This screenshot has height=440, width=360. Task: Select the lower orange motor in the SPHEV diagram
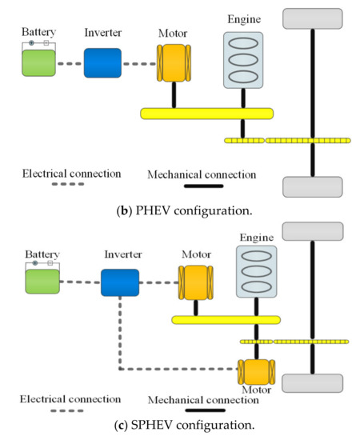pyautogui.click(x=256, y=371)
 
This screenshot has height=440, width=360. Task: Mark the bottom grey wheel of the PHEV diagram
pyautogui.click(x=311, y=186)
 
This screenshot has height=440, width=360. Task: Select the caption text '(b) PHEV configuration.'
pyautogui.click(x=179, y=210)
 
